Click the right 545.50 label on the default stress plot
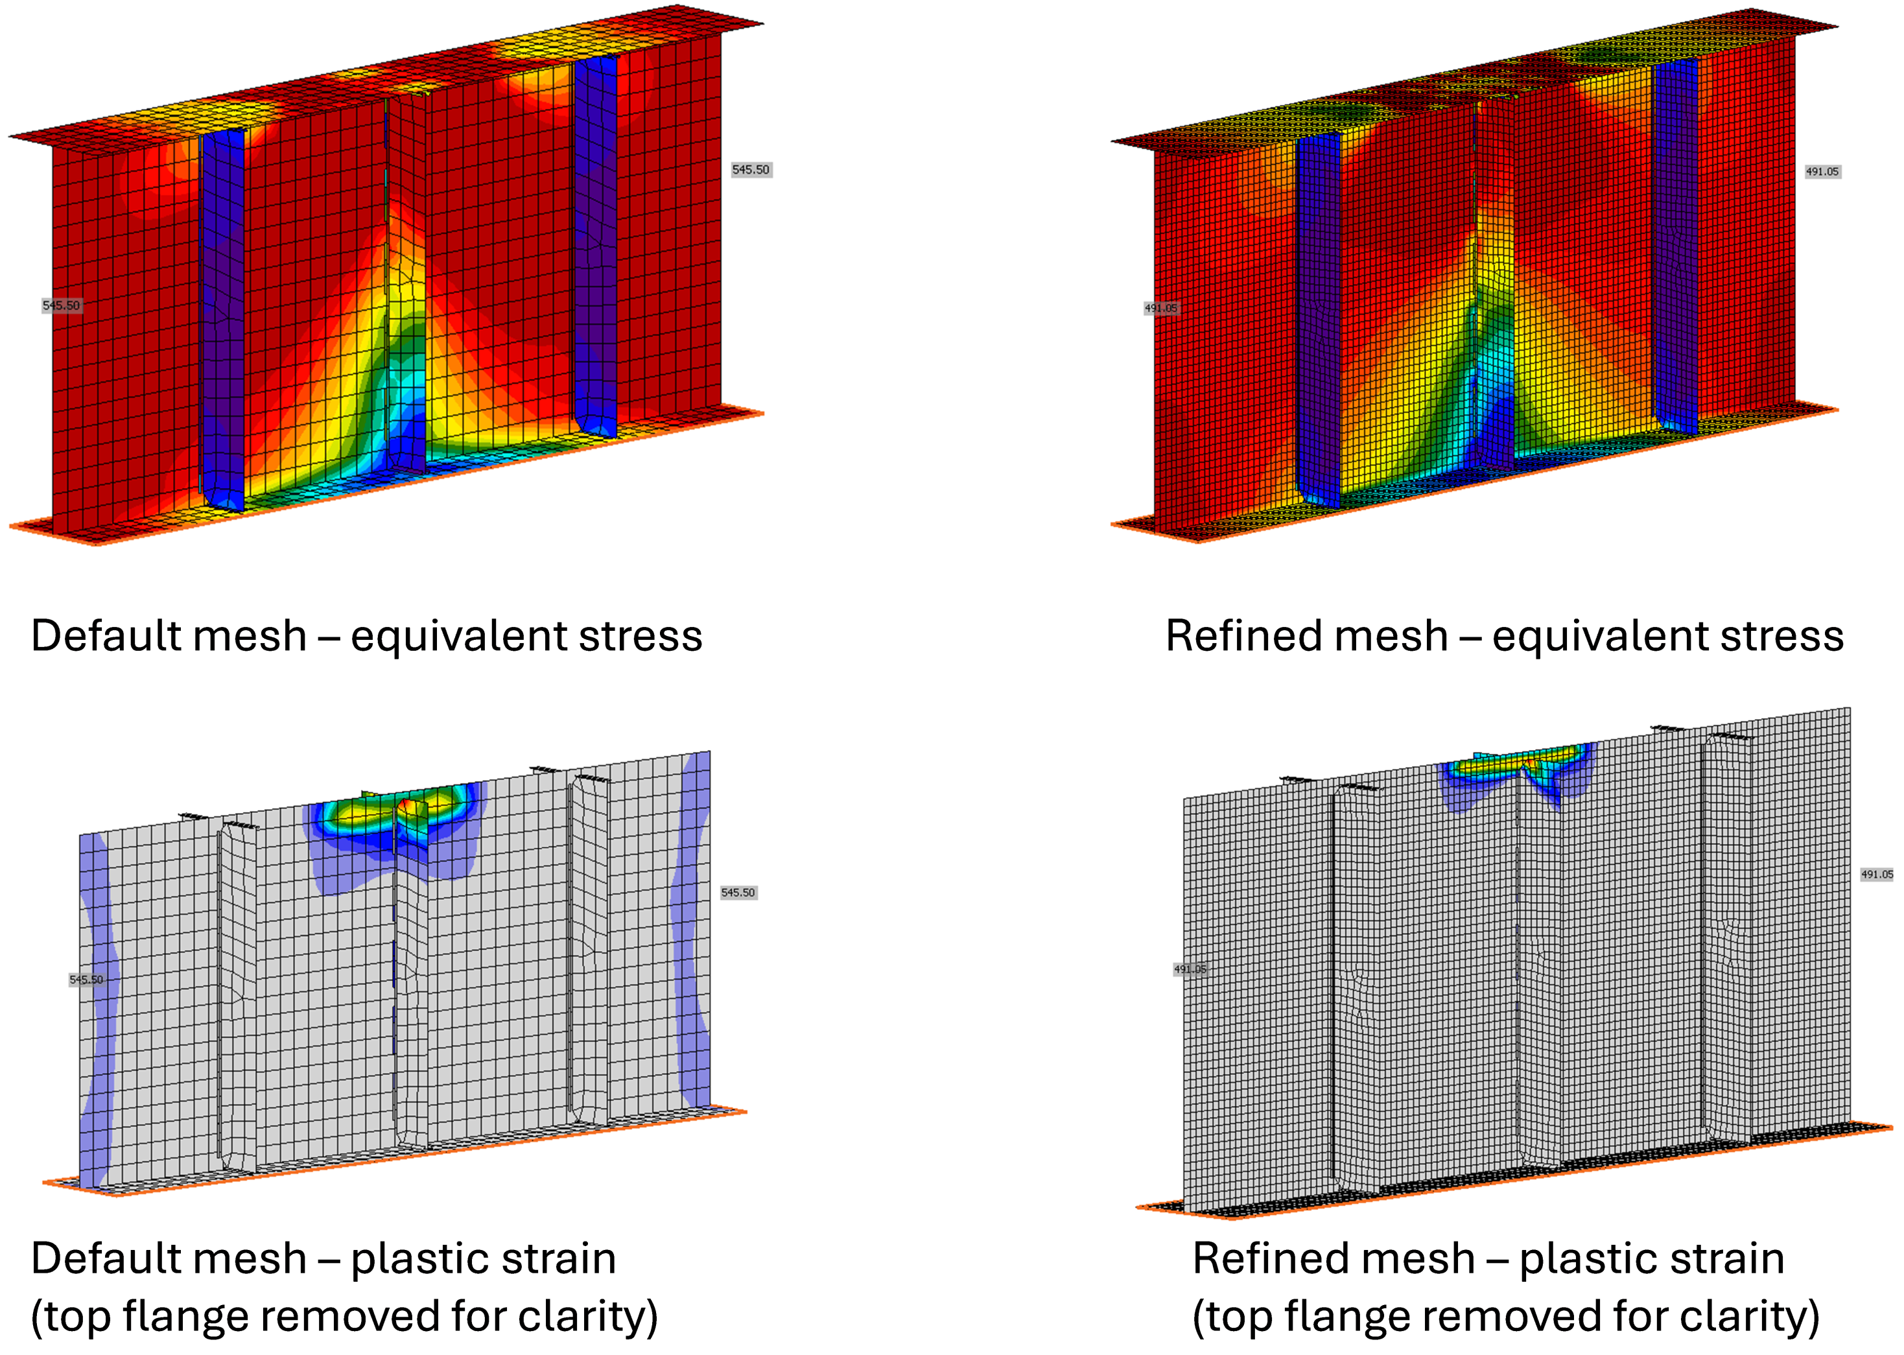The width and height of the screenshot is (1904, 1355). (x=750, y=169)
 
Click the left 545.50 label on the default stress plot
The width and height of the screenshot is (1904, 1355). (x=61, y=305)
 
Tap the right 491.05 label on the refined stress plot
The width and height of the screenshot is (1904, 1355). (x=1822, y=172)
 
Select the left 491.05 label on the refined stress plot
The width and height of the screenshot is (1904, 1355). (x=1160, y=308)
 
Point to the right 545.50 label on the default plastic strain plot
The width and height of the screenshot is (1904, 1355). (x=738, y=893)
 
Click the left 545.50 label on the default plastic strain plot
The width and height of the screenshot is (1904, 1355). (x=86, y=980)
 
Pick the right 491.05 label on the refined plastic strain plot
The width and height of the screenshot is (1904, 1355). (x=1877, y=875)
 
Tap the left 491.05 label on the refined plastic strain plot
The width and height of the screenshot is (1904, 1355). (x=1190, y=969)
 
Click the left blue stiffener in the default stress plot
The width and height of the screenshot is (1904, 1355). (x=223, y=317)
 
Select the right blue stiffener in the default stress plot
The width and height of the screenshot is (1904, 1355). (x=595, y=242)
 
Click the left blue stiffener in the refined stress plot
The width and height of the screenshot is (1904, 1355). (x=1319, y=317)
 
